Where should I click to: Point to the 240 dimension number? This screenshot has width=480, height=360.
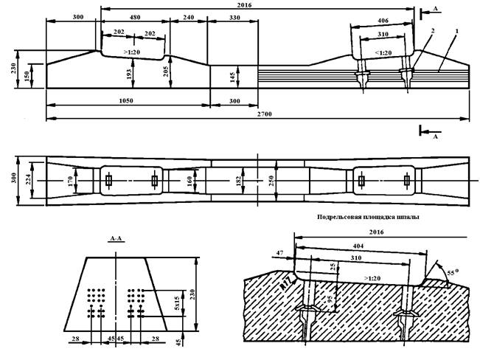click(188, 17)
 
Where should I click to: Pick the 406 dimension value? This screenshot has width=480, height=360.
click(381, 20)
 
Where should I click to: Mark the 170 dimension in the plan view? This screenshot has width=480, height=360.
click(72, 180)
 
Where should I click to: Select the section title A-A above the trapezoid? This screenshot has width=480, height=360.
click(116, 239)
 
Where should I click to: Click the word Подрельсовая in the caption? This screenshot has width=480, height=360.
click(341, 217)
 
